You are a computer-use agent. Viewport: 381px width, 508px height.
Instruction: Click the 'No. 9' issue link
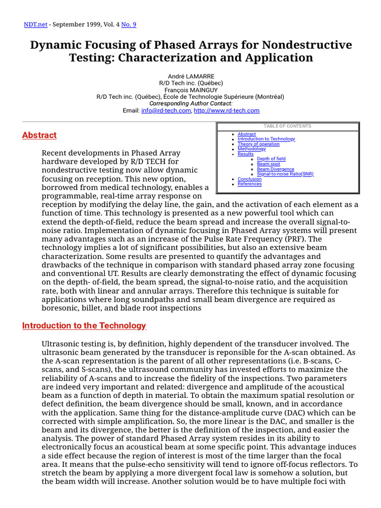click(129, 24)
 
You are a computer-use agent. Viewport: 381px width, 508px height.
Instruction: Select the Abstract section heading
click(39, 135)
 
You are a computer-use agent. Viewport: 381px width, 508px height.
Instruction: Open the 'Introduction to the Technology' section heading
click(84, 325)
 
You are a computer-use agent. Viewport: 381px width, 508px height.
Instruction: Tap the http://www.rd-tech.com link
click(227, 111)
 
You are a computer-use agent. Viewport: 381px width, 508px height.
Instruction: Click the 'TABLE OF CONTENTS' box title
click(288, 126)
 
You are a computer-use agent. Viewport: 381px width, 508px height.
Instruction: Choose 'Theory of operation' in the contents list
click(258, 144)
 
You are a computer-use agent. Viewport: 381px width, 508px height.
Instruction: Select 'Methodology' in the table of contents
click(252, 149)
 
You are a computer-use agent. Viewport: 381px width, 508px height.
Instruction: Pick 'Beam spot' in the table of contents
click(268, 164)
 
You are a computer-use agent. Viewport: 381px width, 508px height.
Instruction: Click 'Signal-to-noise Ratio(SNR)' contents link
click(285, 174)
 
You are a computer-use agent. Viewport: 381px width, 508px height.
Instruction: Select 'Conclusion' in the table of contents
click(250, 179)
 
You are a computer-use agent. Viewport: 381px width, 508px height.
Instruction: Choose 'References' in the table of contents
click(250, 184)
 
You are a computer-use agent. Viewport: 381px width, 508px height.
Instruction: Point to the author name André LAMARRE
click(190, 76)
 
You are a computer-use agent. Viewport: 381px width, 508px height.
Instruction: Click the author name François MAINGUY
click(190, 90)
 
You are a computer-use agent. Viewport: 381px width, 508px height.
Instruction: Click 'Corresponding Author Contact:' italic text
click(190, 104)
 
